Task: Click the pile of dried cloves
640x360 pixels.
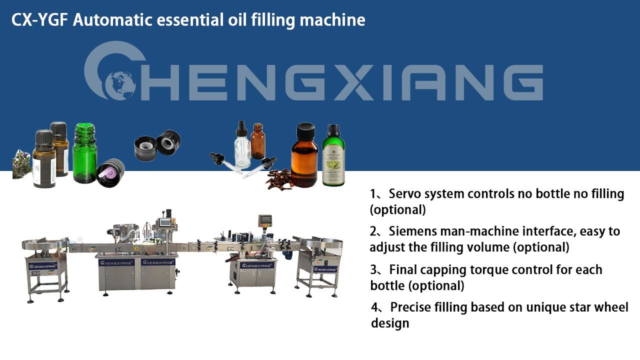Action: tap(278, 179)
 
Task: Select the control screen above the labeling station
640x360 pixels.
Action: tap(264, 220)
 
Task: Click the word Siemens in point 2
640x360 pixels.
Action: tap(417, 231)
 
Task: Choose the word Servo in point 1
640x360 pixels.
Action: tap(405, 193)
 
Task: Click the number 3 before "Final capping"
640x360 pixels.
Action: tap(374, 270)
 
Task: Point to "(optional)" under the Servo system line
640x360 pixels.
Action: tap(397, 209)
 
